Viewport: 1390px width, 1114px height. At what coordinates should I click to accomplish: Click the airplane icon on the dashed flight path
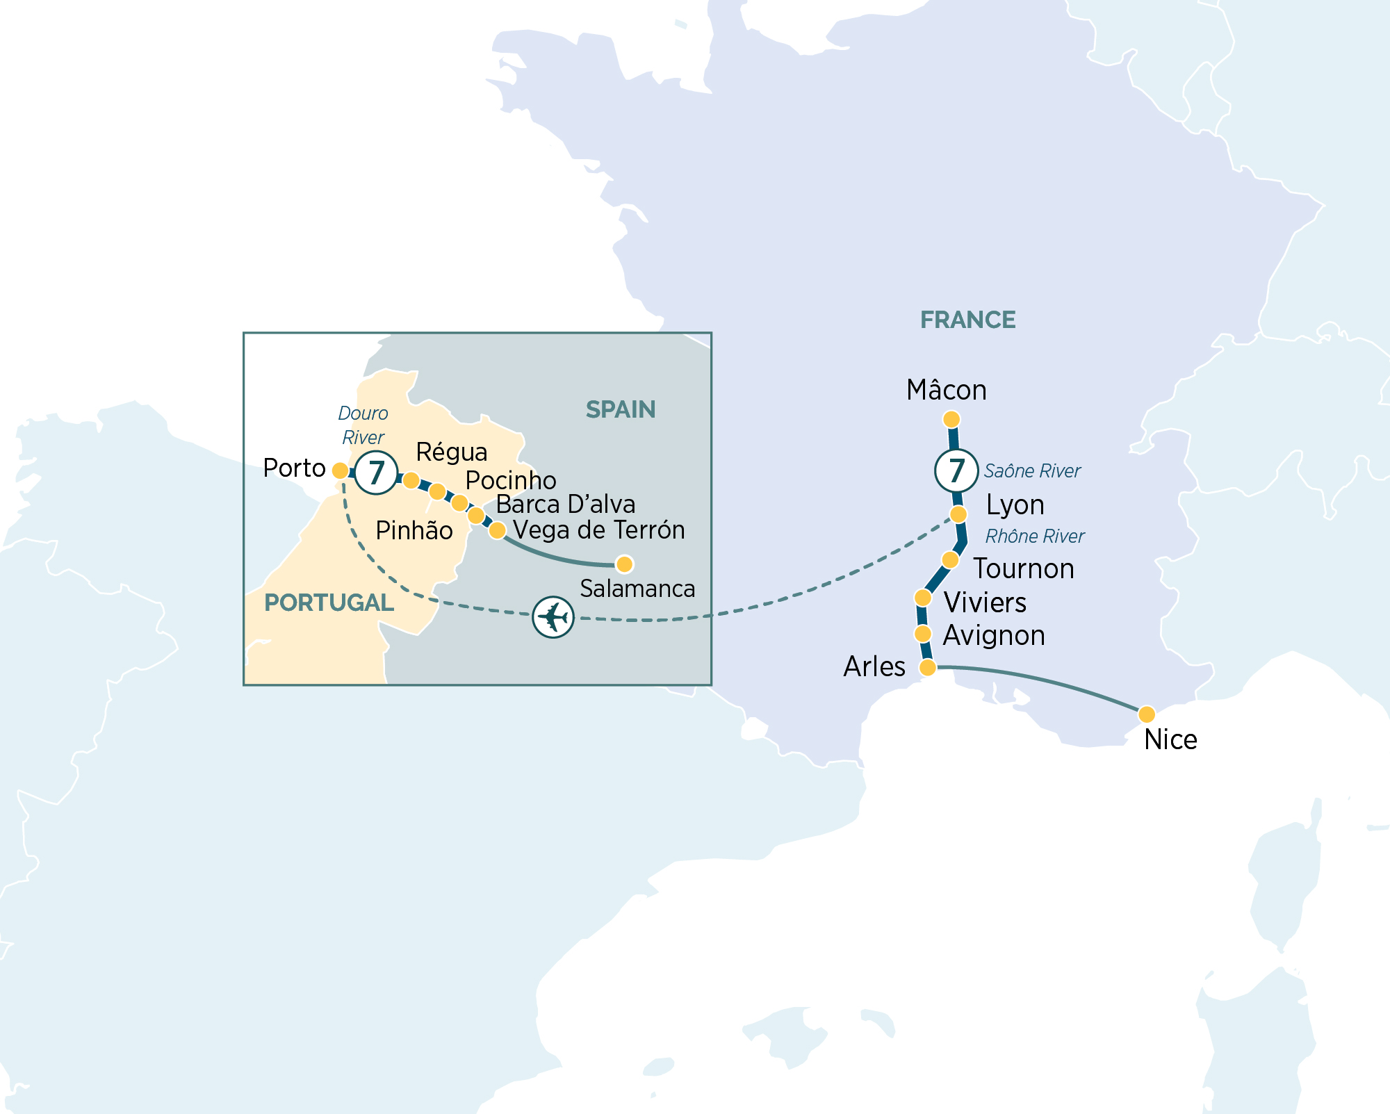pyautogui.click(x=553, y=616)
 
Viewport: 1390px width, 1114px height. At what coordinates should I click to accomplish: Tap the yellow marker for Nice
pyautogui.click(x=1147, y=714)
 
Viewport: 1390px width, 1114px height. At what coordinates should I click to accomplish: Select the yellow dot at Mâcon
pyautogui.click(x=951, y=419)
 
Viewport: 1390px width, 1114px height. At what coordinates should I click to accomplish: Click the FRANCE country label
pyautogui.click(x=967, y=320)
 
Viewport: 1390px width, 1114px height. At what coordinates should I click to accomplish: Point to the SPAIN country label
pyautogui.click(x=620, y=409)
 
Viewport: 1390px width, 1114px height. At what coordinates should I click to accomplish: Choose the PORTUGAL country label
pyautogui.click(x=329, y=603)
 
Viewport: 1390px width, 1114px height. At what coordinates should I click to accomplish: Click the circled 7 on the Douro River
pyautogui.click(x=376, y=473)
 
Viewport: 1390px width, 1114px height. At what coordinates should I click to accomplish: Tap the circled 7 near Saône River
pyautogui.click(x=956, y=470)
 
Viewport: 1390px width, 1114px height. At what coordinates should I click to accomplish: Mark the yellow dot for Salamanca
pyautogui.click(x=624, y=564)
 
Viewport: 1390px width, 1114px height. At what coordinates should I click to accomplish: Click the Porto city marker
pyautogui.click(x=340, y=470)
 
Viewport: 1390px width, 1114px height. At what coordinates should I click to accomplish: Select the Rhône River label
pyautogui.click(x=1034, y=536)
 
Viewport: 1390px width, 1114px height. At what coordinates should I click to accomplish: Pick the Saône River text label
pyautogui.click(x=1032, y=471)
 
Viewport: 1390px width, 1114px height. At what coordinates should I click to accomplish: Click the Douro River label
pyautogui.click(x=363, y=425)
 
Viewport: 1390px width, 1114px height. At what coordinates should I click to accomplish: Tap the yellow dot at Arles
pyautogui.click(x=927, y=668)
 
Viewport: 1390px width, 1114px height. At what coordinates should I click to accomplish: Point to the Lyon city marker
pyautogui.click(x=958, y=514)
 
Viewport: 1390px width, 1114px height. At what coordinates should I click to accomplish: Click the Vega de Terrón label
pyautogui.click(x=599, y=530)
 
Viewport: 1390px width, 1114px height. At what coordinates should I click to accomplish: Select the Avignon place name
pyautogui.click(x=994, y=635)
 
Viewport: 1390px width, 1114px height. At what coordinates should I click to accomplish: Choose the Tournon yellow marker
pyautogui.click(x=950, y=559)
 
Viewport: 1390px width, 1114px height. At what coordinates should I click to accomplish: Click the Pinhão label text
pyautogui.click(x=414, y=530)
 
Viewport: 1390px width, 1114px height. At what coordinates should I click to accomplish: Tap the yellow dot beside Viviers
pyautogui.click(x=922, y=598)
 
